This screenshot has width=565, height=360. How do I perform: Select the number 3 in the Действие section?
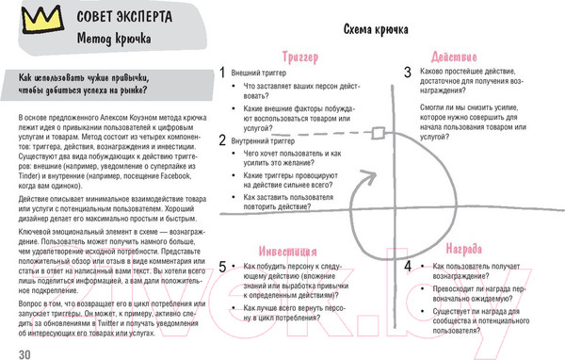click(408, 72)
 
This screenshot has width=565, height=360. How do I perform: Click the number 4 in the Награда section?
click(408, 267)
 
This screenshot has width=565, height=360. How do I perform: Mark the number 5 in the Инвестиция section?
click(221, 267)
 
